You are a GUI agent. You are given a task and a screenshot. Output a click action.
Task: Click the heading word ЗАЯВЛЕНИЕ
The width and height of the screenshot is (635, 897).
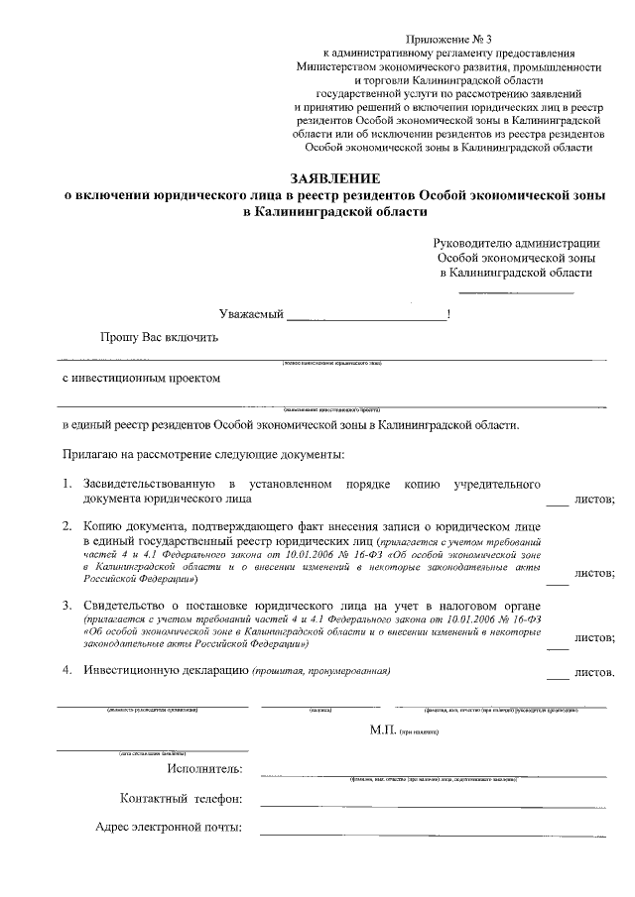[334, 177]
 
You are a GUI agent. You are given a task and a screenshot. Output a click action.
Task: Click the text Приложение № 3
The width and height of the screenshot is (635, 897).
[447, 37]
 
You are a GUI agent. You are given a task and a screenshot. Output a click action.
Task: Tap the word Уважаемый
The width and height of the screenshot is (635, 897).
[251, 314]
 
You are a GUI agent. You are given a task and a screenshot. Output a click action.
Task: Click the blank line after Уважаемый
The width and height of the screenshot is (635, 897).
[366, 319]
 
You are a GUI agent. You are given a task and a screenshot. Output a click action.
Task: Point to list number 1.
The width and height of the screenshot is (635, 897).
[65, 484]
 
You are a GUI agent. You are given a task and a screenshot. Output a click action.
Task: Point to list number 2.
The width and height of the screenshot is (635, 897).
[65, 524]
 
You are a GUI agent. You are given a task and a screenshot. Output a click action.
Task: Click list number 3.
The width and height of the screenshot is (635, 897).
[65, 605]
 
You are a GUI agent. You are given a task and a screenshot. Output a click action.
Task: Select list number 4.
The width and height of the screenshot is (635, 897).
[65, 671]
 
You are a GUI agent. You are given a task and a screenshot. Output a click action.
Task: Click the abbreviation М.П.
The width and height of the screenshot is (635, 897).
[382, 729]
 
